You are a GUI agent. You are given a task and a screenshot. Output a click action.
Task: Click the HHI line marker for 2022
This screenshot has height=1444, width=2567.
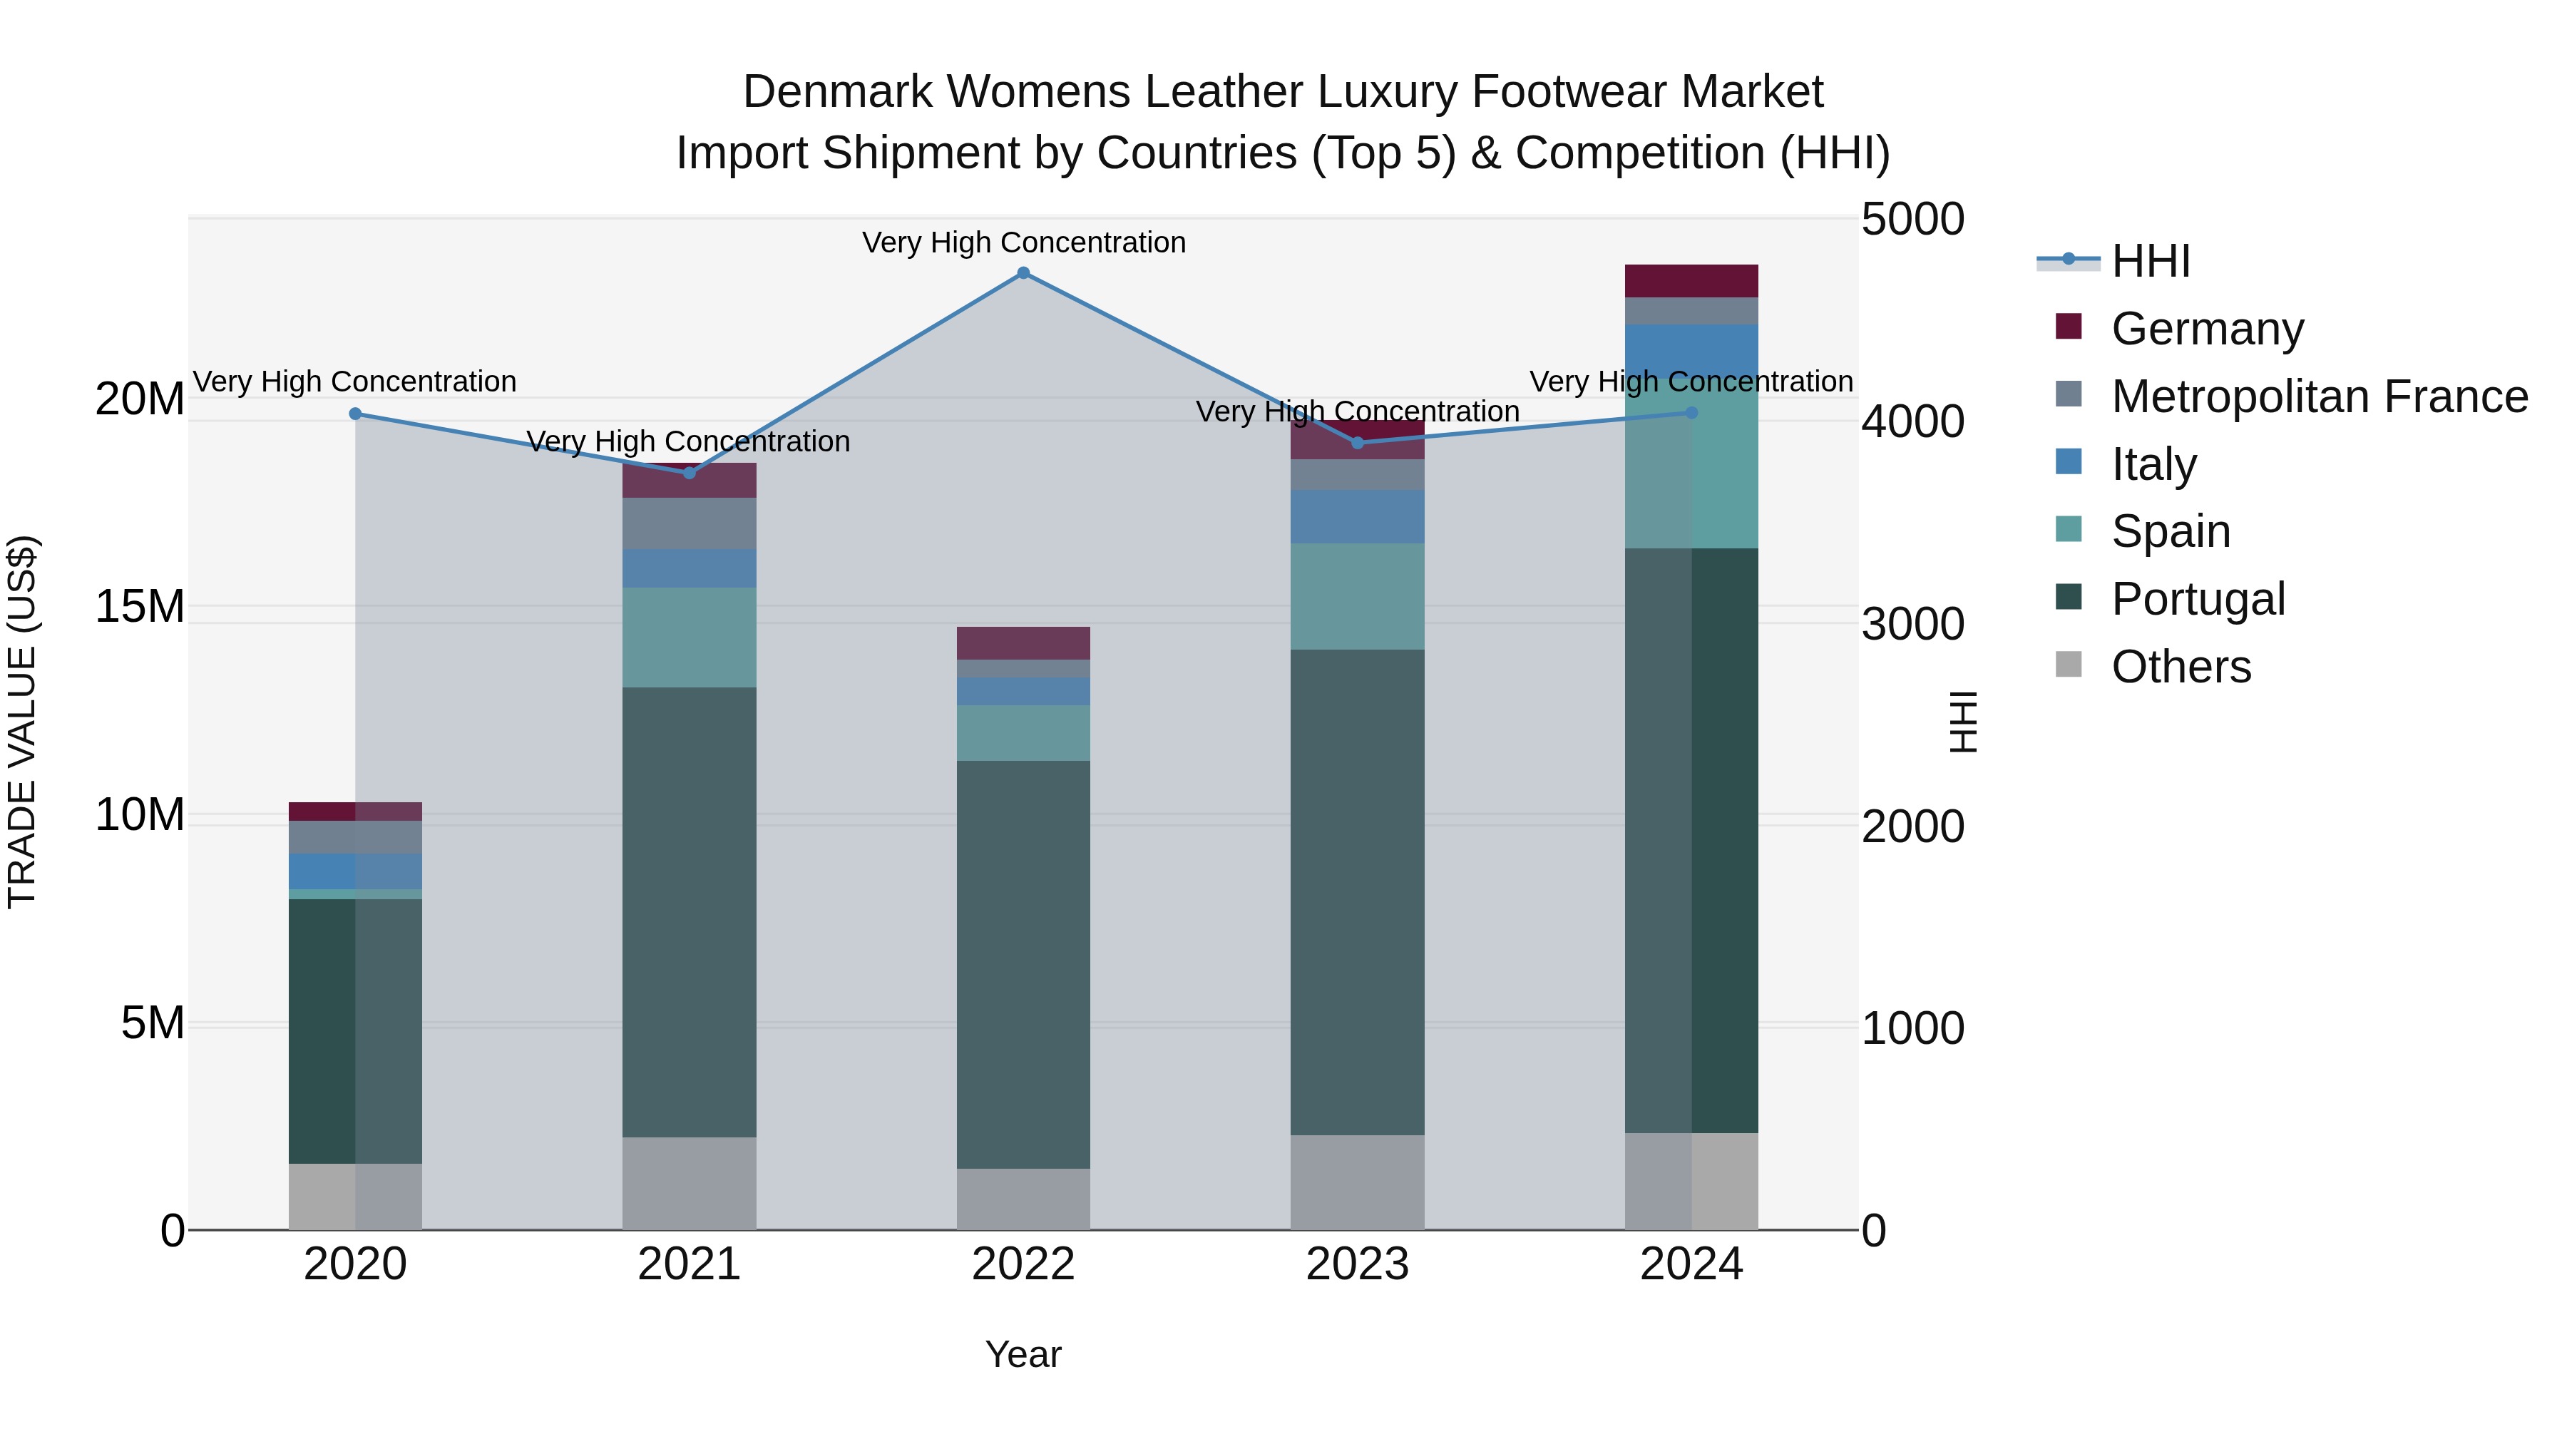1023,273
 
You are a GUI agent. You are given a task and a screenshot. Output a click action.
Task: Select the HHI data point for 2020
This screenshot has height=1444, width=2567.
355,414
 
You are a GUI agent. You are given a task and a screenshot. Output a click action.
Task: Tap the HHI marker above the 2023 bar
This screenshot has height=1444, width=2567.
1357,442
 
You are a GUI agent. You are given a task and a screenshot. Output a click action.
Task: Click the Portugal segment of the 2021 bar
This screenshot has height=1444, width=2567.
689,912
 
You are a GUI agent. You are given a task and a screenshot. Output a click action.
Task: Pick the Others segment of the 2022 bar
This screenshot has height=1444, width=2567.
1023,1199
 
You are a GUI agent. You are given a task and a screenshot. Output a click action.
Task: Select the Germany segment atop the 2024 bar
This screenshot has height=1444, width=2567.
1691,281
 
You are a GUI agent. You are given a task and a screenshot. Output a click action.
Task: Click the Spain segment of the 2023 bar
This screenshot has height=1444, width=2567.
1357,596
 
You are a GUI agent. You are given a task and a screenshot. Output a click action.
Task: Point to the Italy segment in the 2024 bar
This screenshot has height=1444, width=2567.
1691,349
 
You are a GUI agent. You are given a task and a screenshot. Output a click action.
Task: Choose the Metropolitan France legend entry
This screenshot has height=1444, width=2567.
2319,396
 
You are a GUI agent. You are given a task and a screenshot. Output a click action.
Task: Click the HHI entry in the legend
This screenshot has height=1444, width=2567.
2151,261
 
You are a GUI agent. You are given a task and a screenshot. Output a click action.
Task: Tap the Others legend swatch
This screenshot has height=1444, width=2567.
2069,665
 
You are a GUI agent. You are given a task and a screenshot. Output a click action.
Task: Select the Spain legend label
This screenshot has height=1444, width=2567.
2171,531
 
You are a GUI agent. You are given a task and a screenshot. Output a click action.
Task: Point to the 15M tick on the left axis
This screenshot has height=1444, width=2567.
140,607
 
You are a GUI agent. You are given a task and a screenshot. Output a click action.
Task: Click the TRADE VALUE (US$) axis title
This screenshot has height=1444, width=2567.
22,722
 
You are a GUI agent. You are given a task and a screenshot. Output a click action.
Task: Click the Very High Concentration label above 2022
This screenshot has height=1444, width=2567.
1023,243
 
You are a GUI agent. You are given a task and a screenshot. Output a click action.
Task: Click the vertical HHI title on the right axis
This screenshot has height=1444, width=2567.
1961,722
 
